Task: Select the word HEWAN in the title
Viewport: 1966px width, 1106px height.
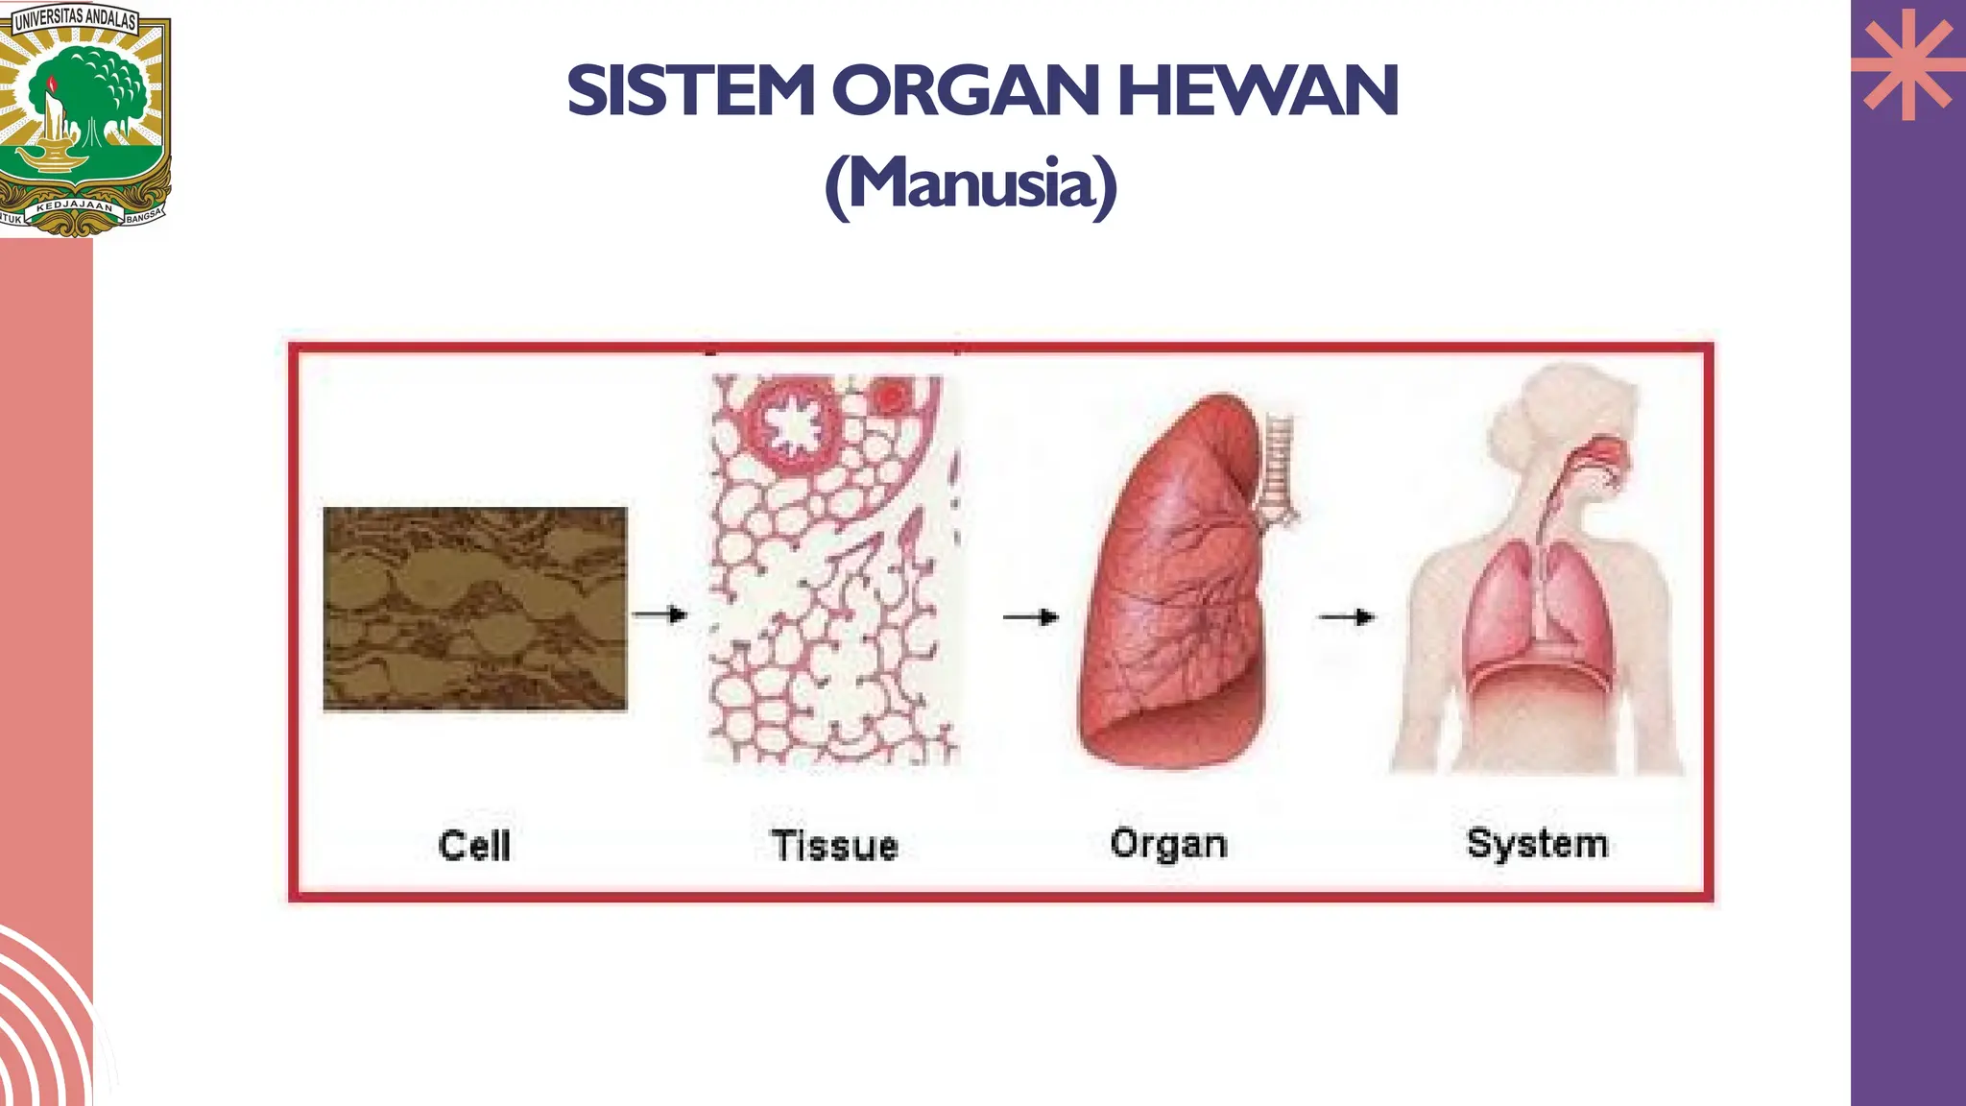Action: click(x=1258, y=91)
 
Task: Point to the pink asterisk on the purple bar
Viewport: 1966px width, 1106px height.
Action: click(x=1907, y=65)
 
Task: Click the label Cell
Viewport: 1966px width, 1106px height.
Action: click(x=474, y=846)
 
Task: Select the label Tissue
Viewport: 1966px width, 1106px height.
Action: click(x=835, y=846)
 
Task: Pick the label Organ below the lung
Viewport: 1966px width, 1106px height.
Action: click(x=1168, y=844)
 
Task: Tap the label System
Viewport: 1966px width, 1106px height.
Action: click(x=1537, y=843)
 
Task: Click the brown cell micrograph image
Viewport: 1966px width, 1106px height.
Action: click(x=475, y=609)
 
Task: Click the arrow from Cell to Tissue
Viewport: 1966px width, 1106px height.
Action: click(x=660, y=614)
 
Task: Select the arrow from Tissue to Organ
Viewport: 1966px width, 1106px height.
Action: click(x=1030, y=617)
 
